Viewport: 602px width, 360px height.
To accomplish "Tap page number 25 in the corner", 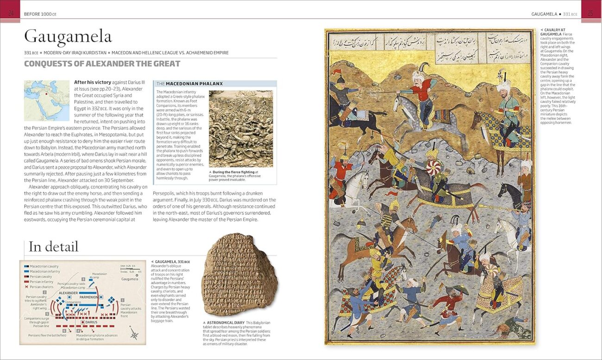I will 590,13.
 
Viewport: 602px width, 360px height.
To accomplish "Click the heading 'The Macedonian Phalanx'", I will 189,84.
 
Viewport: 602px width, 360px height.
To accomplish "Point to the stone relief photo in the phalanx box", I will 241,128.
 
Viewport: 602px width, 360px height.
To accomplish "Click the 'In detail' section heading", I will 53,246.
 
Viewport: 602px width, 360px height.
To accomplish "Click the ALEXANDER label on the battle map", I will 69,293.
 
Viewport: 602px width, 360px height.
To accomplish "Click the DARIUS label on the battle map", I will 91,321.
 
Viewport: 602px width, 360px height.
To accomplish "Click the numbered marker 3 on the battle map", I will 83,279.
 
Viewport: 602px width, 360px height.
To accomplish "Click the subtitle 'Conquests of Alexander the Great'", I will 102,64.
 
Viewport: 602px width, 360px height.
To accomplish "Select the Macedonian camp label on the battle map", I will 99,275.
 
